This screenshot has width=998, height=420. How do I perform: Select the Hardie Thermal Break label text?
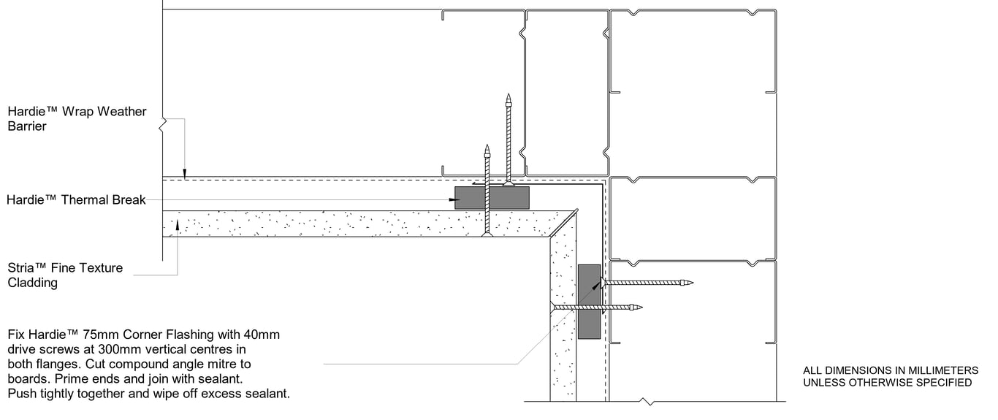(77, 200)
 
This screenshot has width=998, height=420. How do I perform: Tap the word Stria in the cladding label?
(22, 268)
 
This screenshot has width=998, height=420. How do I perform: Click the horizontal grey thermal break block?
(492, 197)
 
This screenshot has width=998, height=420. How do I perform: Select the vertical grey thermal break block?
(589, 301)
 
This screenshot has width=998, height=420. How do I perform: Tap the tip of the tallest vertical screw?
(508, 96)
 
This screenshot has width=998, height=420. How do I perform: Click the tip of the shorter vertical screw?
(487, 147)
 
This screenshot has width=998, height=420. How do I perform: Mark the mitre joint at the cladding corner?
(563, 224)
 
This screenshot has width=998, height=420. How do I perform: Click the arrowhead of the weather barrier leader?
(186, 175)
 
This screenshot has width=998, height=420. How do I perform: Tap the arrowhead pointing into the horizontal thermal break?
(458, 200)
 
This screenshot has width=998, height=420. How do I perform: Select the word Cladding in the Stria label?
(32, 283)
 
